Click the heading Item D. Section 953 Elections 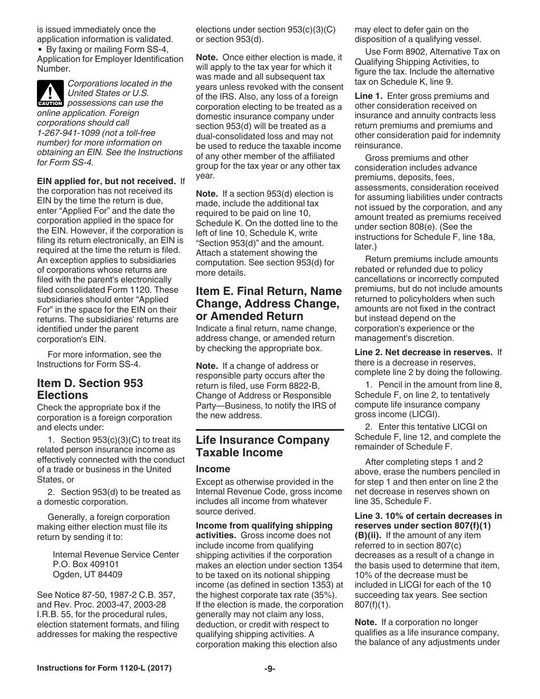pos(90,389)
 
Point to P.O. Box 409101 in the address pos(86,564)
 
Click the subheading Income pos(213,469)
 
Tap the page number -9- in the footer pos(270,684)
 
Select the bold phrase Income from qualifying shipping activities pos(264,530)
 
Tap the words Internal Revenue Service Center pos(116,554)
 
